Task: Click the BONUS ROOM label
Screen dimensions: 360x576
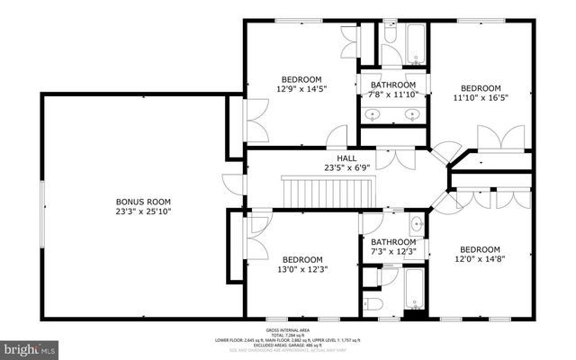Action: [142, 202]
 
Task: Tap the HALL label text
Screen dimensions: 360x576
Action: [334, 157]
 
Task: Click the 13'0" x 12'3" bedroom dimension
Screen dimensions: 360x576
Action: [296, 268]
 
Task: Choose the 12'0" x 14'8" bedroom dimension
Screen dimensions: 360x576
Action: [480, 260]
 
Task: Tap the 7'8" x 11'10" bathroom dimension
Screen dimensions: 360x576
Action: [394, 95]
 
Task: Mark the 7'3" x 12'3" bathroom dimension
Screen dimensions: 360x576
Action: [393, 252]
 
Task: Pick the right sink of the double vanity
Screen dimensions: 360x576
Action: [412, 114]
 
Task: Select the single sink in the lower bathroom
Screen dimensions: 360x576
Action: [417, 223]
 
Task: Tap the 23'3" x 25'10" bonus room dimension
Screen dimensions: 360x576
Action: [142, 211]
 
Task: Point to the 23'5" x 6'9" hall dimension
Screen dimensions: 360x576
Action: [334, 167]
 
